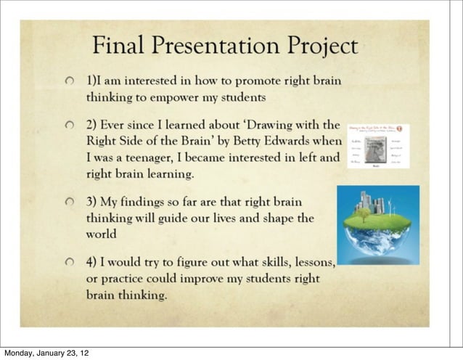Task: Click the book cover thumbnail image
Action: point(377,147)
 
